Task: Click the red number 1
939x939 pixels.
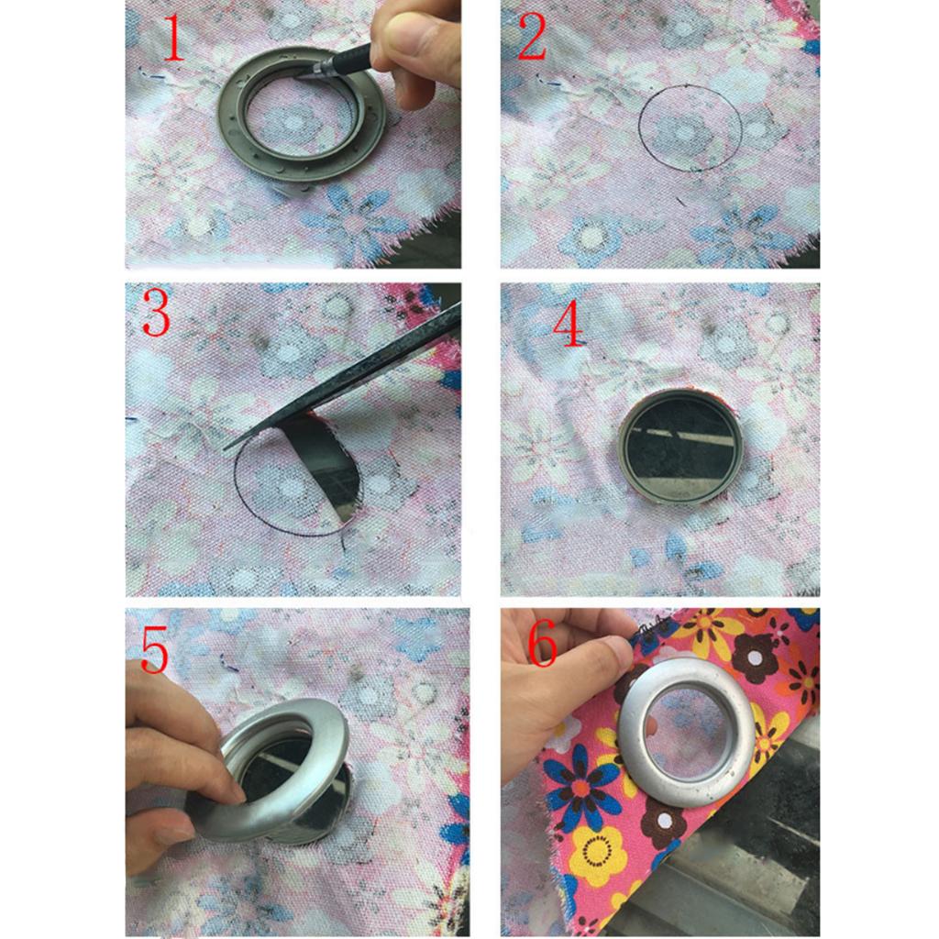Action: (x=173, y=37)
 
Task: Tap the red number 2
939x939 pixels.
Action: (x=532, y=37)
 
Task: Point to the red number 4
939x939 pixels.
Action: (x=568, y=324)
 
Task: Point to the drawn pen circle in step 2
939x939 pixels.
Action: (x=638, y=128)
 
